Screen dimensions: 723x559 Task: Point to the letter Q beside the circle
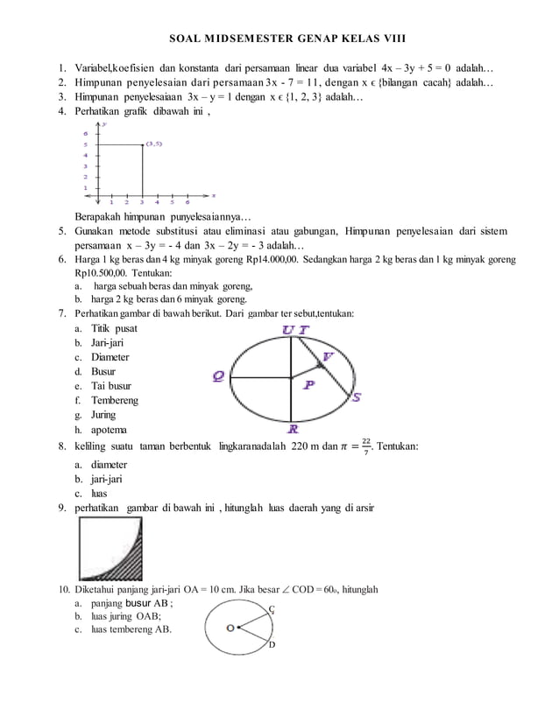click(x=218, y=376)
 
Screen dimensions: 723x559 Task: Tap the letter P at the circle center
click(x=309, y=385)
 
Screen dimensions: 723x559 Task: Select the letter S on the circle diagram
click(x=357, y=397)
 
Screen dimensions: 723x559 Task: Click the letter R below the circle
click(x=293, y=430)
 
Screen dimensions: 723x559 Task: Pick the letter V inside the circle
click(x=327, y=356)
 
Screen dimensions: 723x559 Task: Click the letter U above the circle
click(x=287, y=329)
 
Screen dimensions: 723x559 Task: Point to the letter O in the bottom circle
click(x=230, y=628)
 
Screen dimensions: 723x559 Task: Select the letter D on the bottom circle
click(x=272, y=645)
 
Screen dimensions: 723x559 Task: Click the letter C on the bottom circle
click(x=272, y=609)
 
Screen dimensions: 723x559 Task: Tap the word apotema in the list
click(x=109, y=430)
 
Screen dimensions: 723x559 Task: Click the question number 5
click(x=62, y=231)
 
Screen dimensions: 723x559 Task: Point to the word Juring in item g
click(x=103, y=416)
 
